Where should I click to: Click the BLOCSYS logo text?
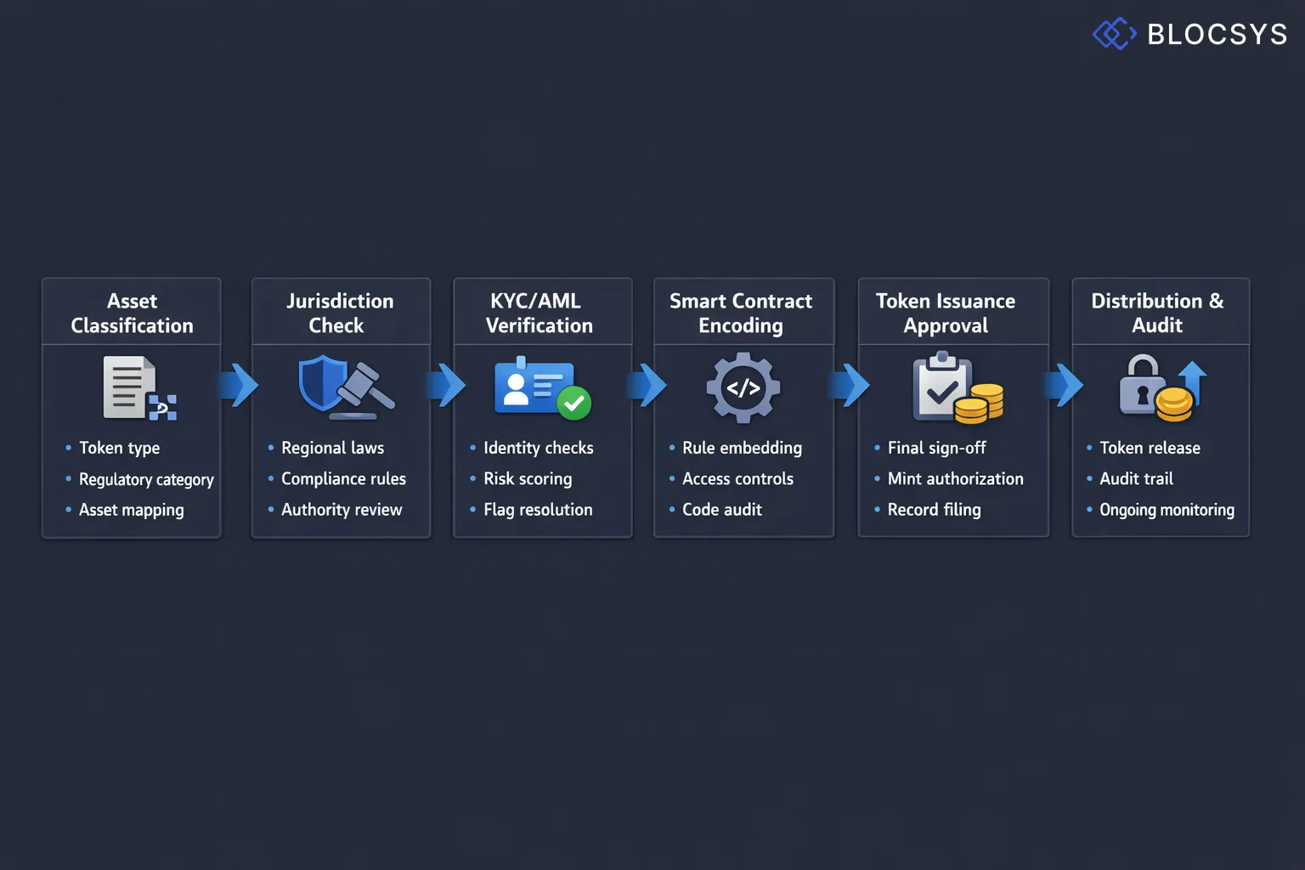[x=1216, y=34]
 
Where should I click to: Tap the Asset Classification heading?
[x=132, y=313]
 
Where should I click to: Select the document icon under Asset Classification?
[x=128, y=387]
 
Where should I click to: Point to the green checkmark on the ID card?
[x=574, y=403]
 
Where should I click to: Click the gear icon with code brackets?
[x=743, y=388]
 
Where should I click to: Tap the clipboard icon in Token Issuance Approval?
[x=942, y=388]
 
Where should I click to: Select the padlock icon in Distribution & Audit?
[x=1142, y=387]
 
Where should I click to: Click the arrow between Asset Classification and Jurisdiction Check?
[x=239, y=386]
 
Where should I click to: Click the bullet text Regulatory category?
[x=146, y=479]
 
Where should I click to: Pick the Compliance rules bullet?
[x=343, y=479]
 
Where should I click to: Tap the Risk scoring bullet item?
[x=528, y=479]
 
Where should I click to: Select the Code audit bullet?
[x=721, y=510]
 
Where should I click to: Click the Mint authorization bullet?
[x=955, y=479]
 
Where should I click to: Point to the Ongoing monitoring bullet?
[x=1167, y=510]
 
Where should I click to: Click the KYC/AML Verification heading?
[x=539, y=313]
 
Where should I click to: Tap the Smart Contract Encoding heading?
[x=741, y=313]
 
